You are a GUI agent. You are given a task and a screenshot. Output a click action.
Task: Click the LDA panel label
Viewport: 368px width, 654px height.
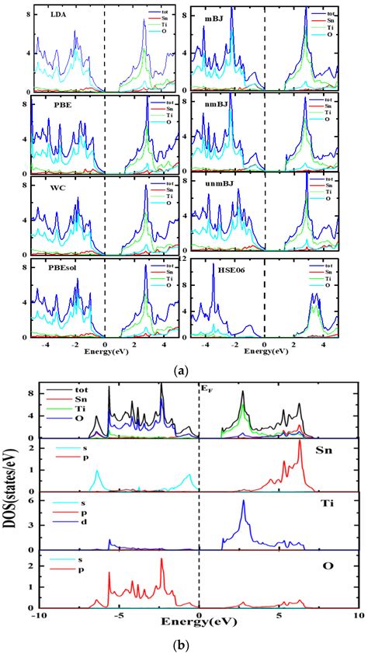[x=57, y=15]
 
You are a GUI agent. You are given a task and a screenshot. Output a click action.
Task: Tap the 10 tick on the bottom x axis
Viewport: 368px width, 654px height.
[x=356, y=615]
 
